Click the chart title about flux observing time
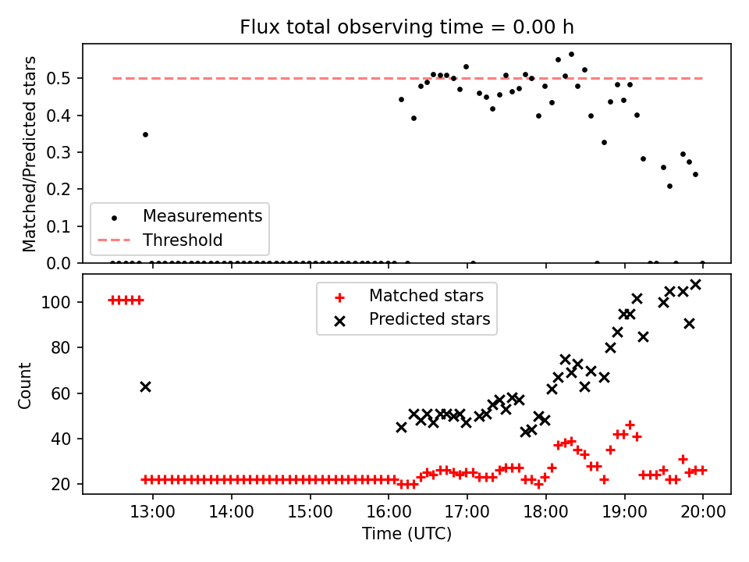(406, 27)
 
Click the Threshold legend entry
(160, 240)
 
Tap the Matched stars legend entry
(409, 296)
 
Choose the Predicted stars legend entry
(412, 319)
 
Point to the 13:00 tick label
(153, 511)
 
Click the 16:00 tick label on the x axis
(389, 511)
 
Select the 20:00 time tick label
(703, 511)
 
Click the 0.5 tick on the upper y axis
(59, 78)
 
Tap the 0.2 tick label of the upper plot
(59, 189)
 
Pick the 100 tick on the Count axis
(56, 303)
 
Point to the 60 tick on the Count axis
(61, 393)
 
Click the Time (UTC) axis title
(406, 534)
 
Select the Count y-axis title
(24, 386)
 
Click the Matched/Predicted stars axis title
(29, 154)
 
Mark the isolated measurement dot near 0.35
(146, 135)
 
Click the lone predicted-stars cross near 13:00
(146, 386)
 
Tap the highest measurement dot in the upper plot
(571, 55)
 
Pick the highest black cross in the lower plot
(696, 285)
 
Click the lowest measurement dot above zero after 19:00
(669, 187)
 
